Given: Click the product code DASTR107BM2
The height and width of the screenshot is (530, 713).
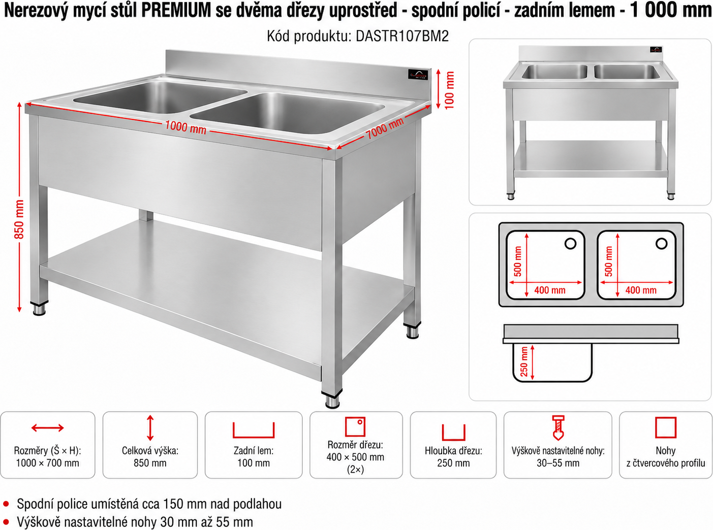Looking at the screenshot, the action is click(402, 36).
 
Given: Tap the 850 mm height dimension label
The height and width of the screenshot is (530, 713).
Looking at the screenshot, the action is click(19, 219).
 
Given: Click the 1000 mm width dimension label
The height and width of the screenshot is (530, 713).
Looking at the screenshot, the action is click(185, 127).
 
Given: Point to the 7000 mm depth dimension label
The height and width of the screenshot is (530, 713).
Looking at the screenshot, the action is click(385, 128).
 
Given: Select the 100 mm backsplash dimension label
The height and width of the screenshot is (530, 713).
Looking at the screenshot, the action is click(449, 90).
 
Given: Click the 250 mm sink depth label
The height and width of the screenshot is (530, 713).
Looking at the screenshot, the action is click(524, 361).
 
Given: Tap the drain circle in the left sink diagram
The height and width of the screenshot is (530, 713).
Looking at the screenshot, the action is click(570, 244).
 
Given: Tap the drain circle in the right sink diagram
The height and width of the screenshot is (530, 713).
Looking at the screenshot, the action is click(661, 244).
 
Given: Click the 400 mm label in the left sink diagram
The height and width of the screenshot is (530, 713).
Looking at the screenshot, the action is click(550, 290).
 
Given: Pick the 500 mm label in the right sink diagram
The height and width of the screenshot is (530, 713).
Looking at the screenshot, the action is click(608, 261).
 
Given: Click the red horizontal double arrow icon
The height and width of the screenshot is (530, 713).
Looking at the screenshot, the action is click(48, 427).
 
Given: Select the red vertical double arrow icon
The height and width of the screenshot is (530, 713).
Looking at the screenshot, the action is click(150, 427).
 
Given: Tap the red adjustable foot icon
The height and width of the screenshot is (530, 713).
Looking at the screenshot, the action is click(558, 427).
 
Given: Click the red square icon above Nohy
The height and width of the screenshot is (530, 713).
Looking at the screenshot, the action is click(666, 427).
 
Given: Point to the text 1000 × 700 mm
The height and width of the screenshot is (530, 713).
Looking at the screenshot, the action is click(48, 463).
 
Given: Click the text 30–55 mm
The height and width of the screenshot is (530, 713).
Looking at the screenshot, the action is click(558, 463).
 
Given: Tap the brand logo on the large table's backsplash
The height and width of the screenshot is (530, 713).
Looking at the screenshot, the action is click(418, 75).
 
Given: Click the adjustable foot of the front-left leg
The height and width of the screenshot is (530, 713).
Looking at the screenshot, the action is click(40, 308).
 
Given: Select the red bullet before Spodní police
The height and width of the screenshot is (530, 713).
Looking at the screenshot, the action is click(6, 503).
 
